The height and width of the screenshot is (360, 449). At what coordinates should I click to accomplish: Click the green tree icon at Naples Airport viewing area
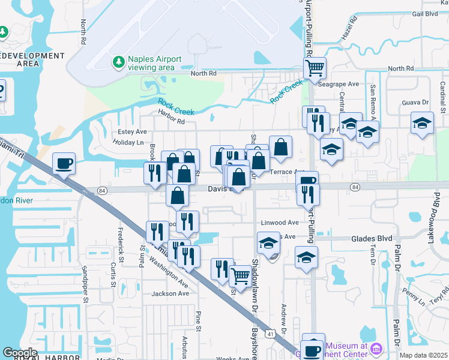coord(118,62)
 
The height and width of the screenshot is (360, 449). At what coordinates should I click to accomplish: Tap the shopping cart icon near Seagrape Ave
coord(315,68)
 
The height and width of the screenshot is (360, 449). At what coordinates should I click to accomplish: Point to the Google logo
coord(19,353)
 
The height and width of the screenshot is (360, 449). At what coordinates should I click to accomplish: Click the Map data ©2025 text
coord(423,355)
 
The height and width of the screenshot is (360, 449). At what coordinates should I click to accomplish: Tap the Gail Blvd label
coord(426,14)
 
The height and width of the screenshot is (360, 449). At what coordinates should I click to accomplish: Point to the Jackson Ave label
coord(170,293)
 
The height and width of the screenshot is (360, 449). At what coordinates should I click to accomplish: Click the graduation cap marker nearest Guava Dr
coord(422,123)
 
